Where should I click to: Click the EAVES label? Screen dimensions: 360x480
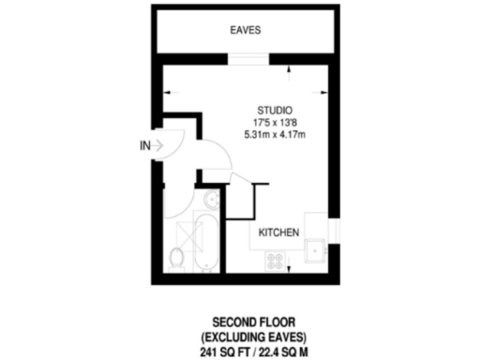pyautogui.click(x=245, y=31)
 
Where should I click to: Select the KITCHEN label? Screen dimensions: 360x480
pyautogui.click(x=279, y=232)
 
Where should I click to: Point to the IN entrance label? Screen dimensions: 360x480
pyautogui.click(x=145, y=145)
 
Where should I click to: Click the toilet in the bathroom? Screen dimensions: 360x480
pyautogui.click(x=176, y=257)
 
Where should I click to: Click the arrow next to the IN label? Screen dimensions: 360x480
pyautogui.click(x=165, y=145)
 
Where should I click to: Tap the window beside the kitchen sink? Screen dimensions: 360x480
pyautogui.click(x=333, y=235)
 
